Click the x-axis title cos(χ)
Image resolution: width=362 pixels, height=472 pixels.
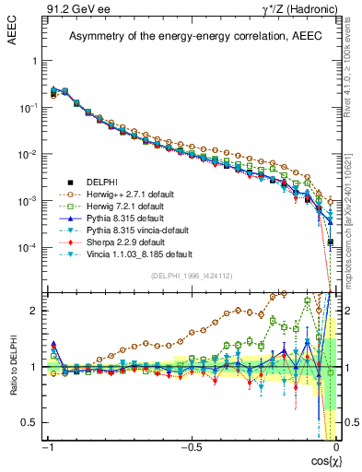(322, 462)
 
